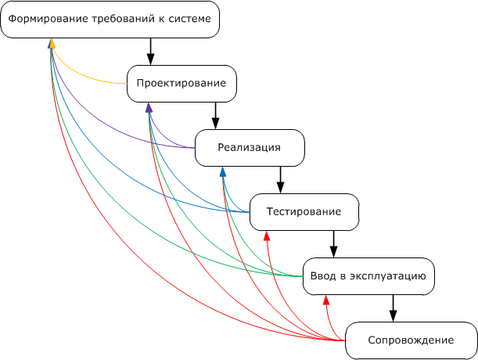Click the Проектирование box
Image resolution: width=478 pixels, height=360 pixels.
pos(181,83)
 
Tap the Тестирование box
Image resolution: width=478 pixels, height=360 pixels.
pos(304,211)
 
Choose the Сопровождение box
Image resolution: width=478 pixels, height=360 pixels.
pos(411,340)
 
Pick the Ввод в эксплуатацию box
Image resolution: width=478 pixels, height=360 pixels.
pos(368,276)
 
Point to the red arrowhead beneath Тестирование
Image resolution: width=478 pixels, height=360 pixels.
pos(267,234)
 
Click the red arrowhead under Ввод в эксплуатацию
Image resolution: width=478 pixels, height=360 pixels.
pos(327,299)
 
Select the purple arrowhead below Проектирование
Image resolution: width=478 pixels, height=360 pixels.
pos(149,107)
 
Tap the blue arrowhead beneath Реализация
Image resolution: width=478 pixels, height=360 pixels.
pos(222,171)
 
